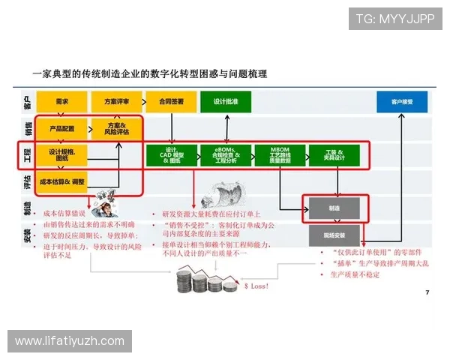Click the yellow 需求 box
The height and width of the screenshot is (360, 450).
click(x=62, y=100)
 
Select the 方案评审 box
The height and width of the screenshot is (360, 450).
click(x=116, y=100)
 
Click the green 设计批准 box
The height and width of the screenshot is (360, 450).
click(x=226, y=100)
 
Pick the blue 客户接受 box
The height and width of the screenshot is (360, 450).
click(x=401, y=100)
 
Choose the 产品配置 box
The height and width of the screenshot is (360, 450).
click(x=62, y=128)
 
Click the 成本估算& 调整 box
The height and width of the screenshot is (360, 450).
click(x=62, y=181)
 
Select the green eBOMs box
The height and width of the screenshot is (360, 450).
click(x=226, y=155)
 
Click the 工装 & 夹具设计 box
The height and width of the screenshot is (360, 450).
click(x=334, y=155)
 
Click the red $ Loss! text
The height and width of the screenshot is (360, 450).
click(x=257, y=286)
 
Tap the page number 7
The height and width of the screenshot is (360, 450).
click(x=427, y=292)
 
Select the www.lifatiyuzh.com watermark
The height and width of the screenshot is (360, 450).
click(x=69, y=341)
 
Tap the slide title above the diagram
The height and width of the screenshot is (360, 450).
click(x=150, y=74)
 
